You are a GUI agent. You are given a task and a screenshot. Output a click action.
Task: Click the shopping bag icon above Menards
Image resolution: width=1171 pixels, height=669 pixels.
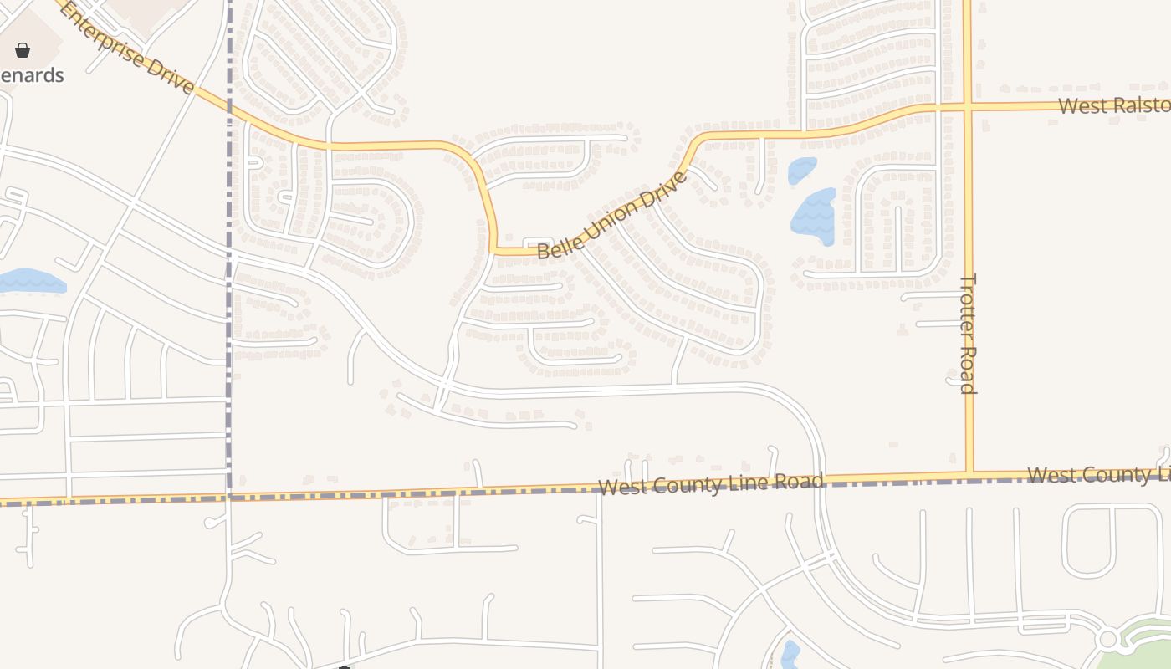pyautogui.click(x=23, y=50)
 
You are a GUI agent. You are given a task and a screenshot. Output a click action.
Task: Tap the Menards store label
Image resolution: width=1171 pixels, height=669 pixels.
pyautogui.click(x=32, y=75)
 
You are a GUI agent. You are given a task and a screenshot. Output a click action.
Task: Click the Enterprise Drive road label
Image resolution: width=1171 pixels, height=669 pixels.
pyautogui.click(x=125, y=48)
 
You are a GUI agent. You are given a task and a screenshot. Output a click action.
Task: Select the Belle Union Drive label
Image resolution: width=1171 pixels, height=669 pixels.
pyautogui.click(x=612, y=214)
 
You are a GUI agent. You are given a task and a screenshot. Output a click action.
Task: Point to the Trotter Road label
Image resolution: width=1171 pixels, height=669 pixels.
pyautogui.click(x=967, y=333)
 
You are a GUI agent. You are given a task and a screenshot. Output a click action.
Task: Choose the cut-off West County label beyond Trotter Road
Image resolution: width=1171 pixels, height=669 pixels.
pyautogui.click(x=1098, y=475)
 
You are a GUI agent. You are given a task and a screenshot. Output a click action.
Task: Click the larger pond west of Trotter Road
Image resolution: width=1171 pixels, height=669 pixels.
pyautogui.click(x=814, y=216)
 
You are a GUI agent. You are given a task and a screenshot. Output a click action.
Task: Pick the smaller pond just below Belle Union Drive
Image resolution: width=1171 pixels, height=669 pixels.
pyautogui.click(x=802, y=170)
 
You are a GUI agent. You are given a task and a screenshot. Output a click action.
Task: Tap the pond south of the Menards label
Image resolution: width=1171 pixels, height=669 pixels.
pyautogui.click(x=31, y=281)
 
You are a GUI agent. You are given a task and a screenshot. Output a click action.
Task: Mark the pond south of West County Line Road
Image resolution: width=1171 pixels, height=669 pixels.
pyautogui.click(x=790, y=655)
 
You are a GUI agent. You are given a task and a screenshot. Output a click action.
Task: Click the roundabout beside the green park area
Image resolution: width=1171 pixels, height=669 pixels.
pyautogui.click(x=1108, y=640)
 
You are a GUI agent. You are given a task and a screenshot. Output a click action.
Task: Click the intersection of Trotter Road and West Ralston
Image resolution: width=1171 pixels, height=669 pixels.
pyautogui.click(x=968, y=107)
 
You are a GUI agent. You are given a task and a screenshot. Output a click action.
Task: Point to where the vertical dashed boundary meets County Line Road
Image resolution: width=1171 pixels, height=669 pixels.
pyautogui.click(x=228, y=496)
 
